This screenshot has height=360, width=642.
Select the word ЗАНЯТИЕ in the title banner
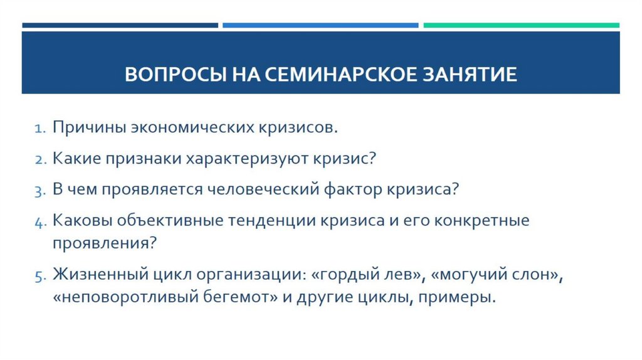(x=468, y=75)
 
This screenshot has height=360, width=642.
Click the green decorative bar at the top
(x=521, y=26)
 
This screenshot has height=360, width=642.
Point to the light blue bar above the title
(x=320, y=26)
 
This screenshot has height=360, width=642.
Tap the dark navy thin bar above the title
(x=120, y=26)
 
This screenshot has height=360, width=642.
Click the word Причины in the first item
(x=88, y=128)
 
